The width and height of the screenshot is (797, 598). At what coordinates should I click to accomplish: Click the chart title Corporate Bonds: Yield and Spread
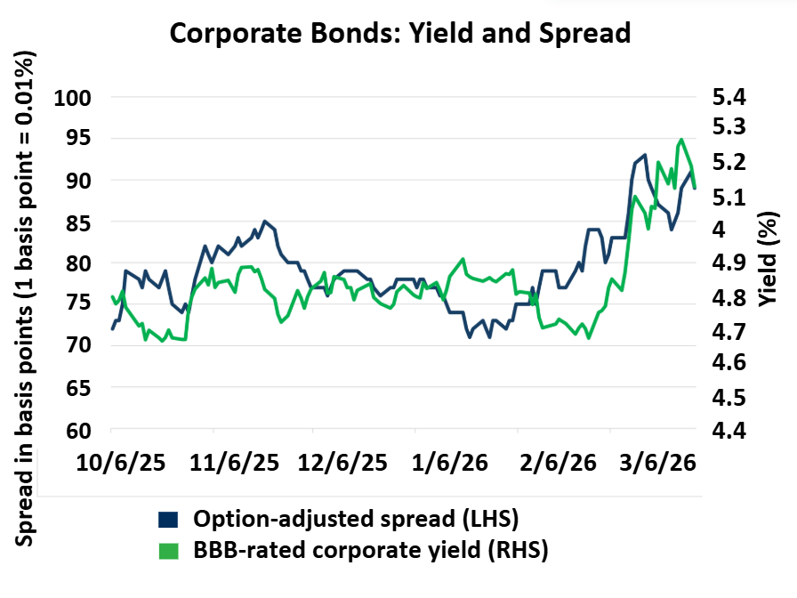click(x=399, y=33)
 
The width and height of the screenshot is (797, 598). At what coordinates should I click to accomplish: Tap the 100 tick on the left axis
click(x=74, y=97)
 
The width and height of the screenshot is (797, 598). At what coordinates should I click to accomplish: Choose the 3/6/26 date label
click(x=656, y=464)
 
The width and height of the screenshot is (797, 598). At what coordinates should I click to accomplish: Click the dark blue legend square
click(x=167, y=519)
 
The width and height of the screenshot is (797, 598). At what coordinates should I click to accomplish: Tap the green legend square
click(x=167, y=551)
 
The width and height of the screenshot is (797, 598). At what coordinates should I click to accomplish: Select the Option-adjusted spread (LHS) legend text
click(x=356, y=519)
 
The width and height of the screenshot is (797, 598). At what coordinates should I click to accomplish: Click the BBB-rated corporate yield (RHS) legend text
click(x=371, y=551)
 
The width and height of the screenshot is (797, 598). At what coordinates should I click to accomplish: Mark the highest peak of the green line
click(x=681, y=140)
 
